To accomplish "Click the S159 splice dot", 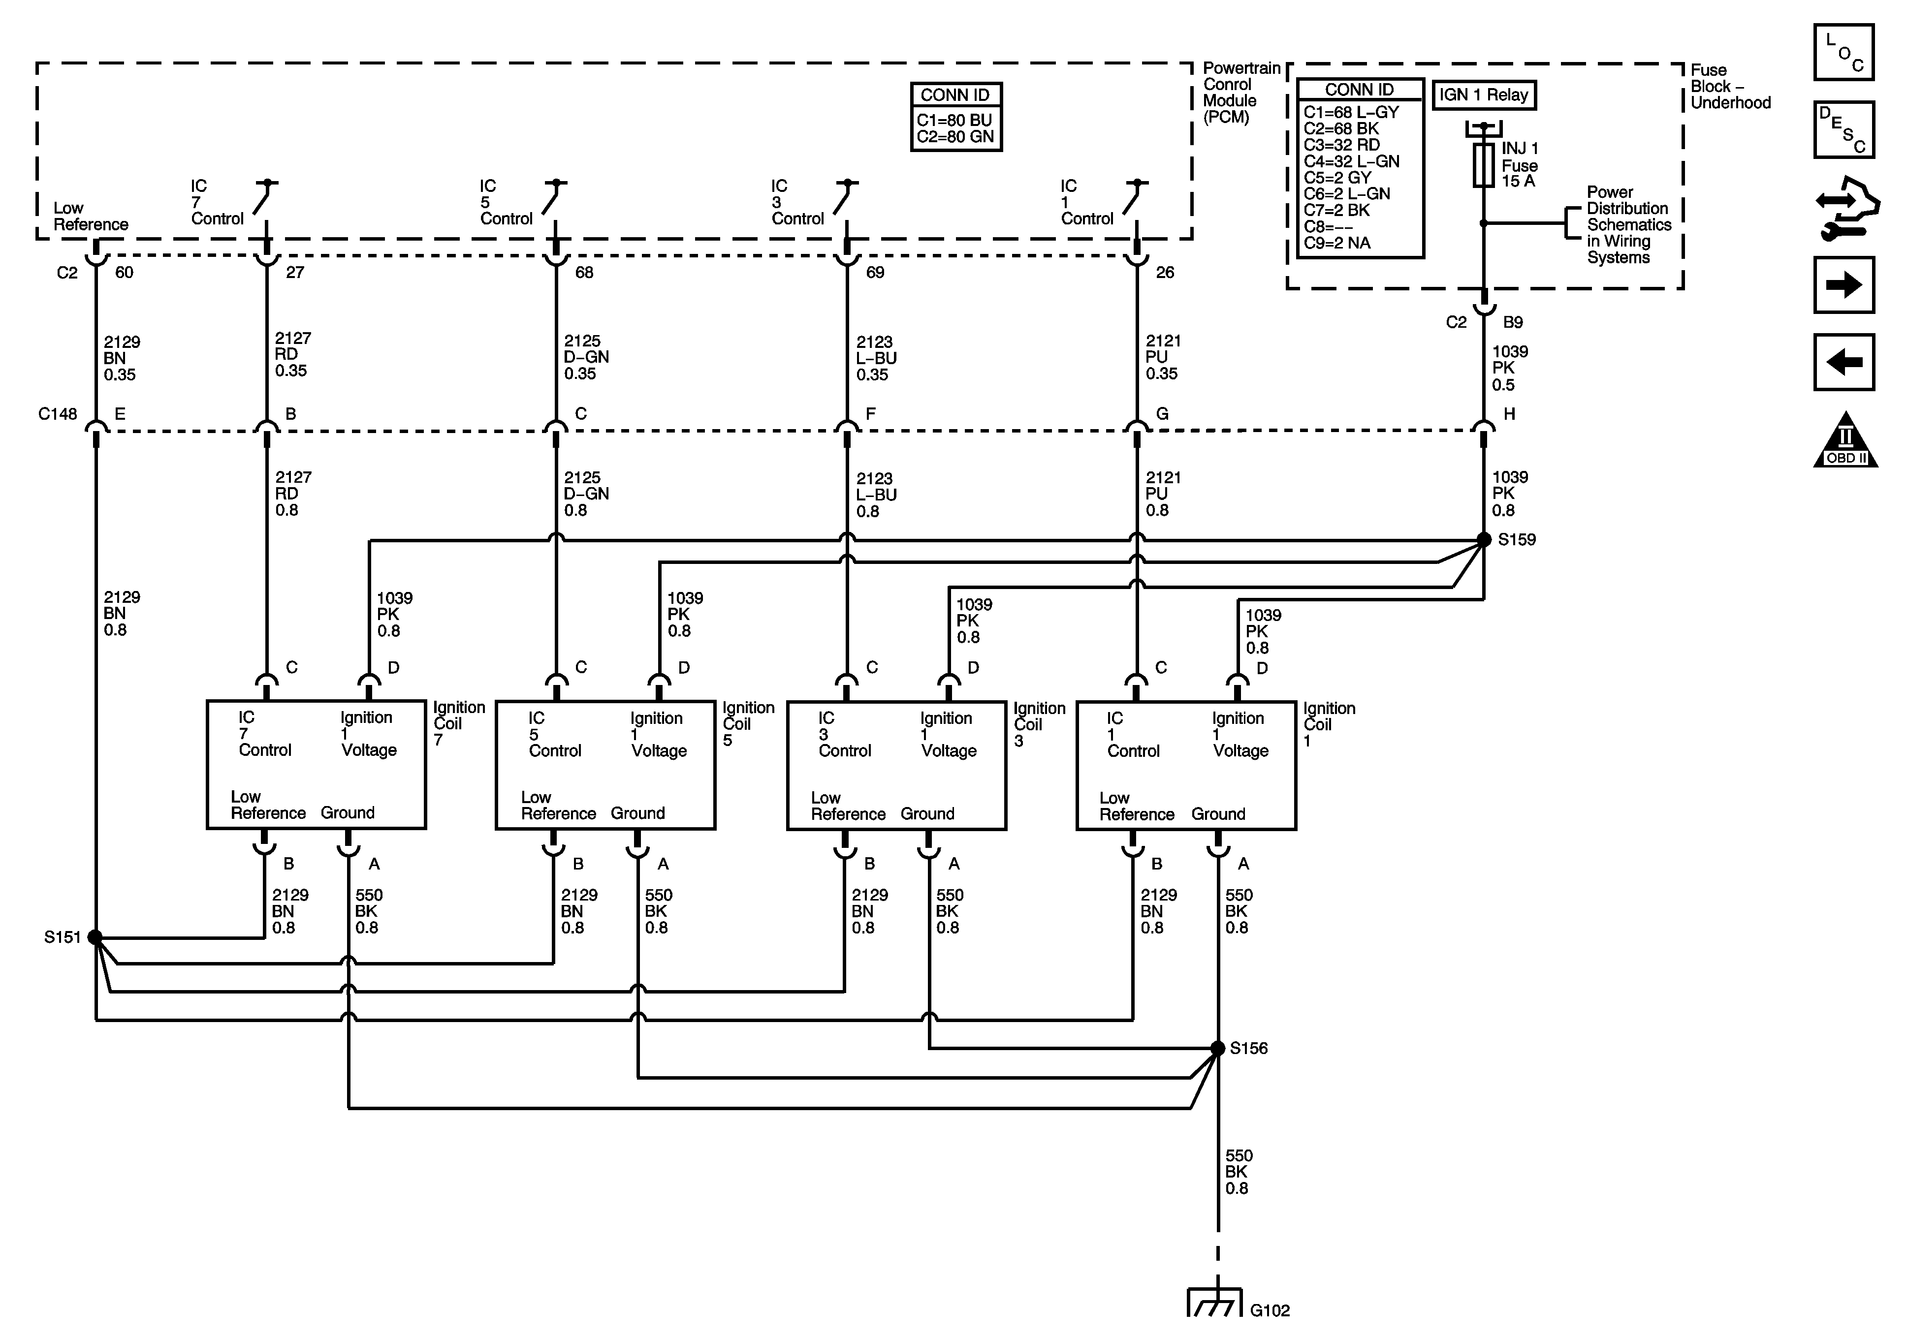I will pos(1483,540).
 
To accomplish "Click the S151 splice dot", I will pos(95,937).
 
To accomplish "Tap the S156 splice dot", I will pos(1218,1048).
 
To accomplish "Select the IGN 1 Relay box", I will pos(1483,94).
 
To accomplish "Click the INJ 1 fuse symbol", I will pos(1483,165).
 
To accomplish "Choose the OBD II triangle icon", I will pos(1844,440).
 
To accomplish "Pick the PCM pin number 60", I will pos(124,273).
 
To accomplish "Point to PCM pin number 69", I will pos(875,273).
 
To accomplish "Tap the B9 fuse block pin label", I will pos(1513,322).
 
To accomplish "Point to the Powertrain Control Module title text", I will pos(1241,92).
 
